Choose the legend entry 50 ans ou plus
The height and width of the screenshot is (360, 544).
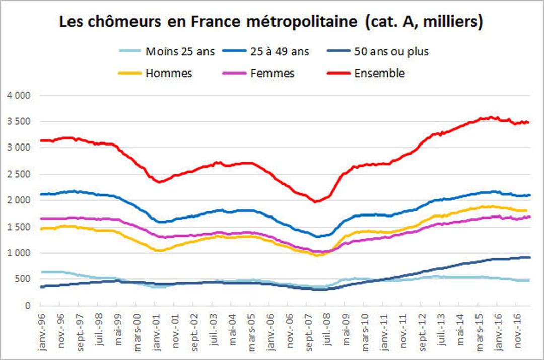coord(391,52)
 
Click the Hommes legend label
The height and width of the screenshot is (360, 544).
coord(169,73)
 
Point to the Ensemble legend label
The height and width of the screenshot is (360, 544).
coord(379,73)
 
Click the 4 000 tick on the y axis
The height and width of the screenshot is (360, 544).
coord(19,95)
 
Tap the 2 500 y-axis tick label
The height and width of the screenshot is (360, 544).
coord(19,174)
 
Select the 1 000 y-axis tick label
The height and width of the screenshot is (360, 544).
coord(19,253)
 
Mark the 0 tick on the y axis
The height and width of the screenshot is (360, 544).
coord(28,306)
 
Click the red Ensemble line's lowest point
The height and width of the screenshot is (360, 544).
coord(316,202)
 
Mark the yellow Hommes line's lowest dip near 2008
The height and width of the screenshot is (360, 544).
coord(317,255)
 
